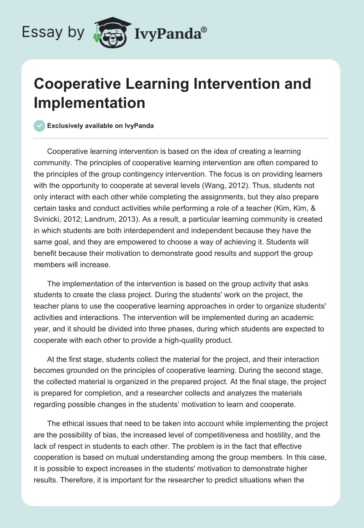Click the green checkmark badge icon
pyautogui.click(x=40, y=126)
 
